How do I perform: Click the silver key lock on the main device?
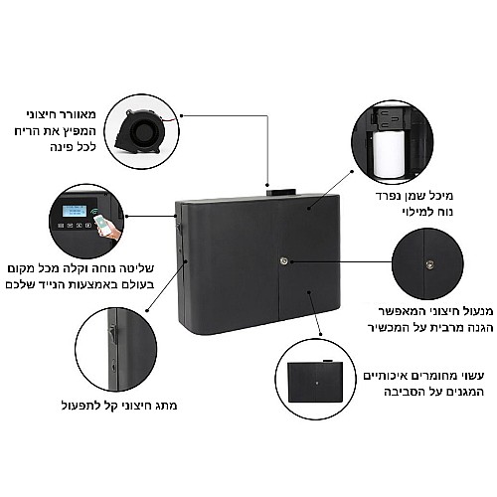[284, 260]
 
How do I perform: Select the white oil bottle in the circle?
[389, 153]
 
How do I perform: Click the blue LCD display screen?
[75, 211]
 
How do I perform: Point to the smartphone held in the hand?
[101, 222]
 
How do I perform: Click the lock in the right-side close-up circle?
[429, 263]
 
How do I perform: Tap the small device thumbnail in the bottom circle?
[315, 381]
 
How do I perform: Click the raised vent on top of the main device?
[280, 193]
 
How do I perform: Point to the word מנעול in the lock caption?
[476, 311]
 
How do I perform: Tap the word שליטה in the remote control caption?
[138, 268]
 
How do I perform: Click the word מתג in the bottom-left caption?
[167, 406]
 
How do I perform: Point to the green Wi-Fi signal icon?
[93, 212]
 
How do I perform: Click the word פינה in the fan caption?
[62, 147]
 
